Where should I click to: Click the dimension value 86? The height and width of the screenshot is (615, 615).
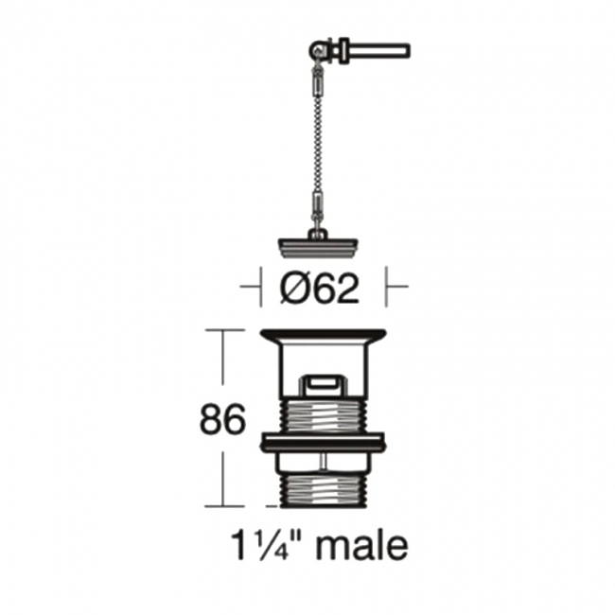pyautogui.click(x=222, y=420)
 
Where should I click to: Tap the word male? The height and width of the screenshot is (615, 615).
pyautogui.click(x=362, y=546)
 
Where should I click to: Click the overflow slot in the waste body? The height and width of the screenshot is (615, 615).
pyautogui.click(x=322, y=384)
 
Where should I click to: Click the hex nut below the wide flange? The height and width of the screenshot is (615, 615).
pyautogui.click(x=322, y=460)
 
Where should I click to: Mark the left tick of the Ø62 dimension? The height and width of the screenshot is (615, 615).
pyautogui.click(x=259, y=286)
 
